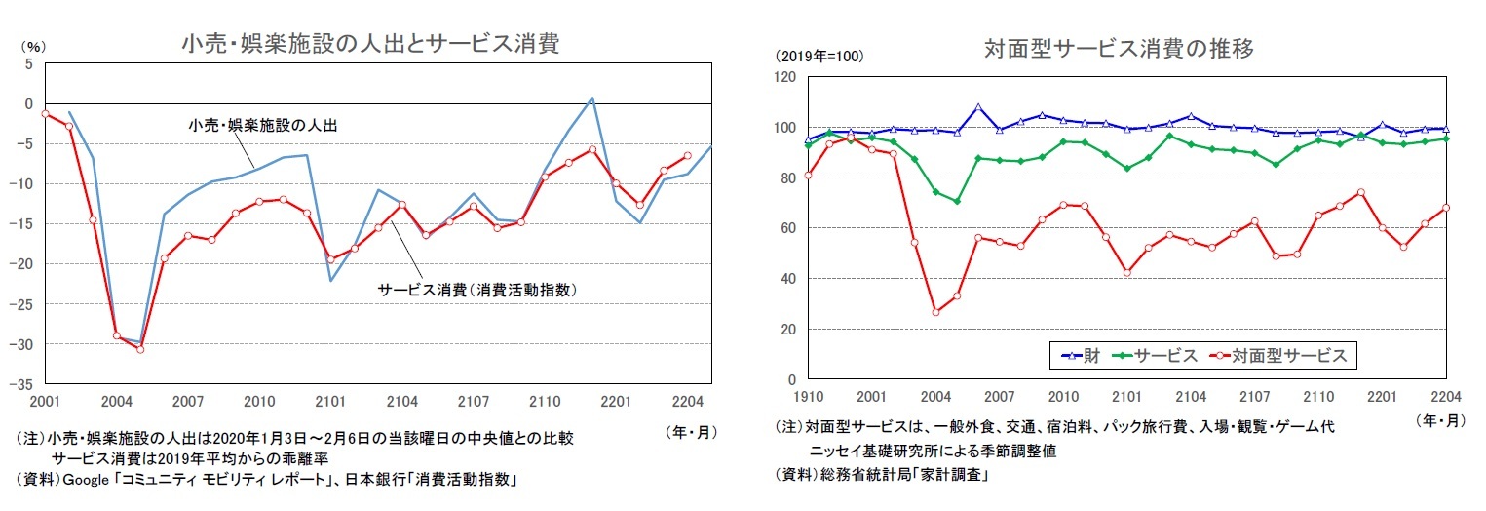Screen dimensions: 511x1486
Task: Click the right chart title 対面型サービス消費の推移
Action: pyautogui.click(x=1119, y=48)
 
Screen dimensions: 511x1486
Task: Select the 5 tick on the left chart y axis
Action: pyautogui.click(x=28, y=63)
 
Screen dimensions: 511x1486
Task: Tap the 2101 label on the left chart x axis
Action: pyautogui.click(x=330, y=401)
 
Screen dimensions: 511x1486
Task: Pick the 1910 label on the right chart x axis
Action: pyautogui.click(x=807, y=397)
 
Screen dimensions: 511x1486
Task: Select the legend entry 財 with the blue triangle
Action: pyautogui.click(x=1080, y=356)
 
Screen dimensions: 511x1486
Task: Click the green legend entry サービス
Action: pyautogui.click(x=1160, y=356)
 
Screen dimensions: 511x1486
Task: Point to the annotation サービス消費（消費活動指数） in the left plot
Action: pyautogui.click(x=485, y=290)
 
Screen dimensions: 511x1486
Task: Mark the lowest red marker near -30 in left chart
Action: pyautogui.click(x=140, y=349)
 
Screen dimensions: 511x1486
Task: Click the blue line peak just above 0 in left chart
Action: pyautogui.click(x=591, y=98)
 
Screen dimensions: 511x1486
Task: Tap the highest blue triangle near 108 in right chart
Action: pyautogui.click(x=978, y=107)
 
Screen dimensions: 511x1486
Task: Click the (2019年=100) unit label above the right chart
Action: pyautogui.click(x=819, y=56)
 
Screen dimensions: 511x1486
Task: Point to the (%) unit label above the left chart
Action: pyautogui.click(x=32, y=46)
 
